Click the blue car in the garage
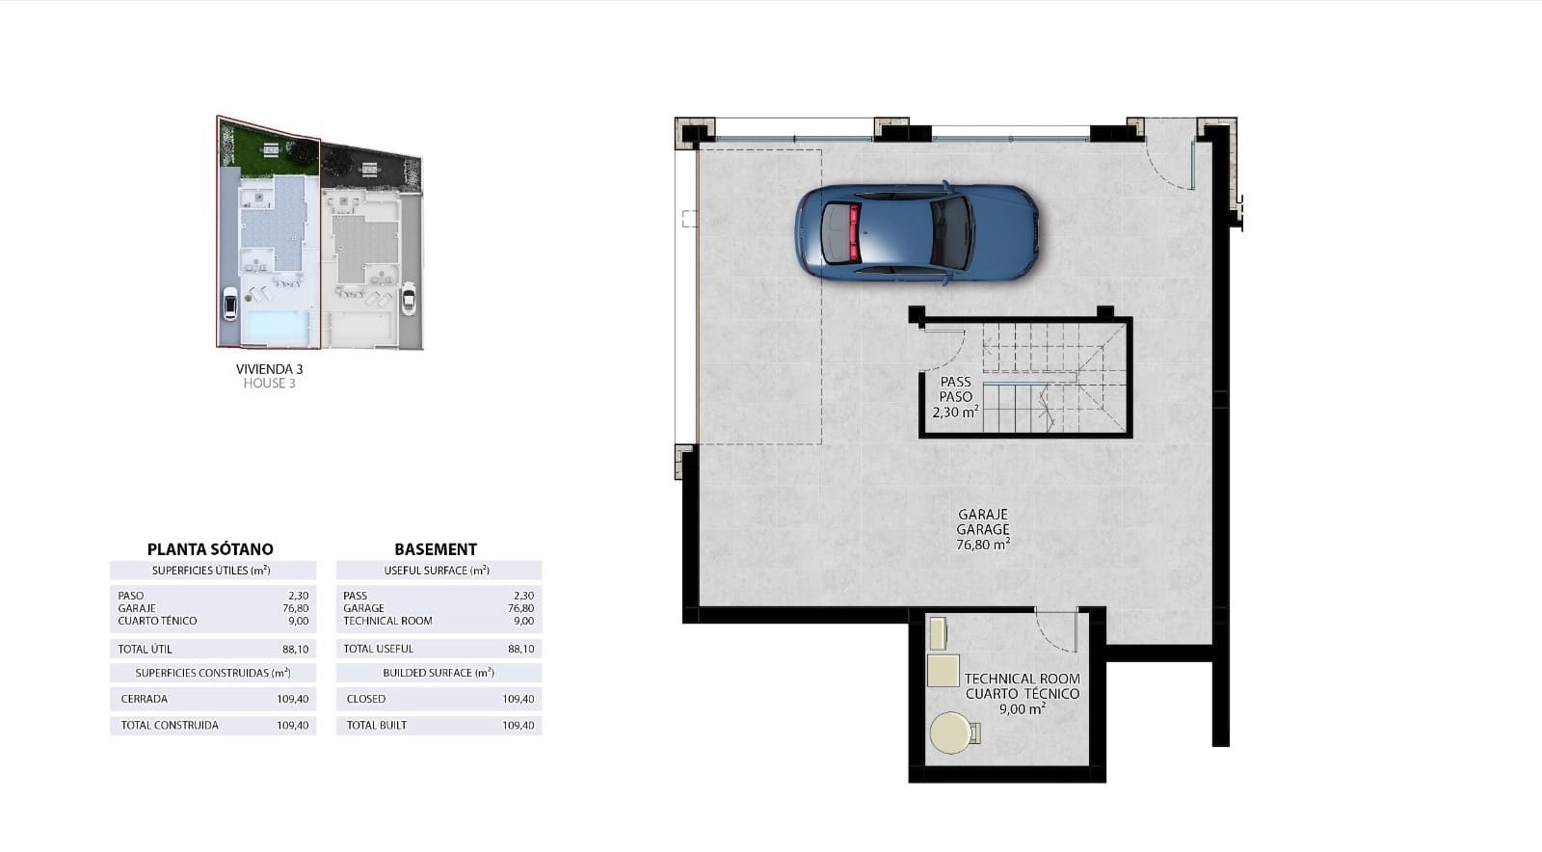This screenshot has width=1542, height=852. pos(917,234)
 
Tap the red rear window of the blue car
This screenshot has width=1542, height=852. pos(853,233)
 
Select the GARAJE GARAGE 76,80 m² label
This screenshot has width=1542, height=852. pos(983,529)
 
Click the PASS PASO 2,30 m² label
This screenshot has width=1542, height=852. pos(955,397)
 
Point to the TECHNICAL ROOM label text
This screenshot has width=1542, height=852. pos(1022,679)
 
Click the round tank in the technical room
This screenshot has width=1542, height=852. pos(951,733)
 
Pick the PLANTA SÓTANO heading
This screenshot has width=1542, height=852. pos(210,549)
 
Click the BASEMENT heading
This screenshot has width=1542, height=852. pos(436,549)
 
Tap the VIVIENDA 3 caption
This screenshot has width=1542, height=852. pos(269,369)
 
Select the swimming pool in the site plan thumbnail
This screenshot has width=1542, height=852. pos(278,327)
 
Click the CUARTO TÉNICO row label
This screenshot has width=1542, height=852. pos(157,622)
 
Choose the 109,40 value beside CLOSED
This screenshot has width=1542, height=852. pos(518,700)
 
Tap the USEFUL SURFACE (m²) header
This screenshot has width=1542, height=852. pos(437,571)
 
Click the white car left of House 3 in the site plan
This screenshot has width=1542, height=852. pos(229,304)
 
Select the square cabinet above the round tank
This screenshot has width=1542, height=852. pos(943,670)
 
